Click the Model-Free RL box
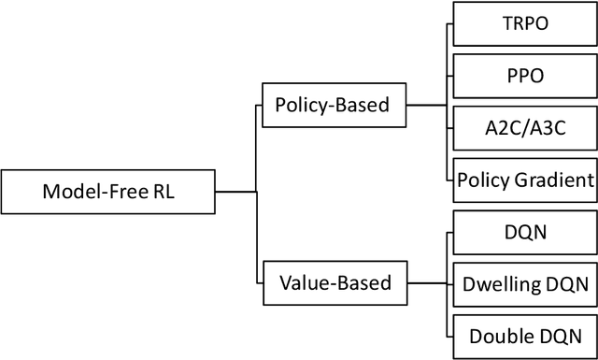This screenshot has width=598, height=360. click(x=108, y=193)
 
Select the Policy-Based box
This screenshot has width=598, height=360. click(x=333, y=107)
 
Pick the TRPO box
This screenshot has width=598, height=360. click(x=524, y=22)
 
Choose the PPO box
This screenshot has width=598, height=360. click(x=524, y=74)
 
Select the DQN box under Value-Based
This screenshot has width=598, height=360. click(x=524, y=232)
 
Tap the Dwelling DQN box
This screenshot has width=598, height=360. click(x=524, y=284)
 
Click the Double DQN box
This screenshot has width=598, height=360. click(x=524, y=336)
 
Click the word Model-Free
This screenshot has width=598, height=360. click(x=94, y=194)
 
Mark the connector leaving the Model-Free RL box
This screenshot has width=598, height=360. click(x=235, y=193)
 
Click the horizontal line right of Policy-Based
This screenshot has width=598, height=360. click(x=428, y=106)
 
